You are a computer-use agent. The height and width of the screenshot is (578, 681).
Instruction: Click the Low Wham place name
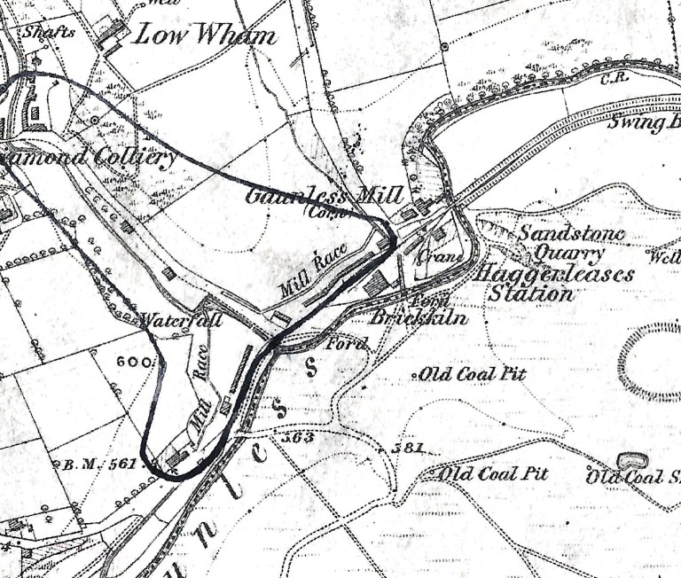[205, 37]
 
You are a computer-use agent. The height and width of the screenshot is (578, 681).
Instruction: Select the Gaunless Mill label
[324, 196]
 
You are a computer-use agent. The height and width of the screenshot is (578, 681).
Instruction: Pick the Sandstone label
[571, 234]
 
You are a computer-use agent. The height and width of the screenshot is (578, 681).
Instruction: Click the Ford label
[347, 343]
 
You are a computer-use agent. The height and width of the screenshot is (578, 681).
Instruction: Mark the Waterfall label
[181, 321]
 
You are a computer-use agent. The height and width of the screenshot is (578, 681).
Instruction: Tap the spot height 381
[409, 449]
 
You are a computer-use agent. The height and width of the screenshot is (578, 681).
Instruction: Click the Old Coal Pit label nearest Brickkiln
[473, 374]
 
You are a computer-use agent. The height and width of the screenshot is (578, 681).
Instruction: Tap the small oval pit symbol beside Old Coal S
[630, 461]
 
